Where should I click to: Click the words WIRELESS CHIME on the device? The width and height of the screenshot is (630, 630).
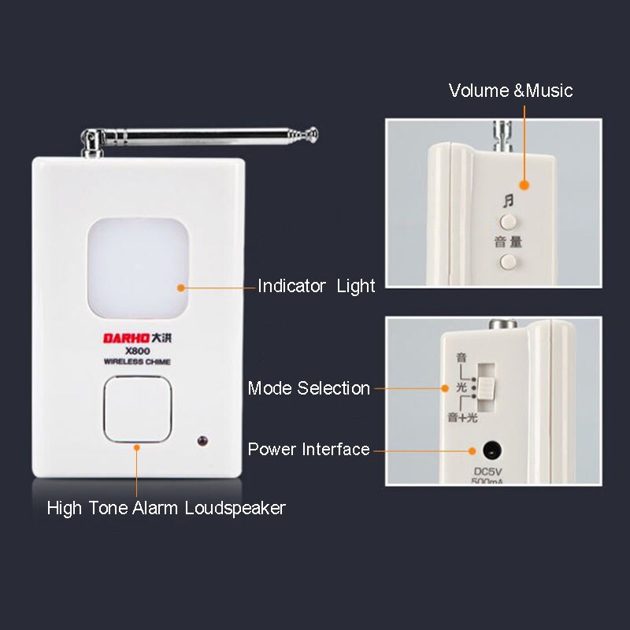click(x=137, y=362)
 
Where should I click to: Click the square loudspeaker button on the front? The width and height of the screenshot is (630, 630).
click(x=137, y=409)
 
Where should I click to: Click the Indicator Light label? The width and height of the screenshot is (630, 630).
click(x=316, y=287)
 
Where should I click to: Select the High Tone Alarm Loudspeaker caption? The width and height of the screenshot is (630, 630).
click(x=166, y=508)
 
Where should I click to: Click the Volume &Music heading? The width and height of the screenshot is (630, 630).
click(x=510, y=91)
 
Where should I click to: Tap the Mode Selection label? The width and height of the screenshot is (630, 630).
click(x=309, y=388)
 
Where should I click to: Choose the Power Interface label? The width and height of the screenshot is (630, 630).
click(x=309, y=450)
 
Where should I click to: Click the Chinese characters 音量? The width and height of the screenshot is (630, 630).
click(x=509, y=242)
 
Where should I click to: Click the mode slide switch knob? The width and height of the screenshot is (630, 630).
click(x=487, y=387)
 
